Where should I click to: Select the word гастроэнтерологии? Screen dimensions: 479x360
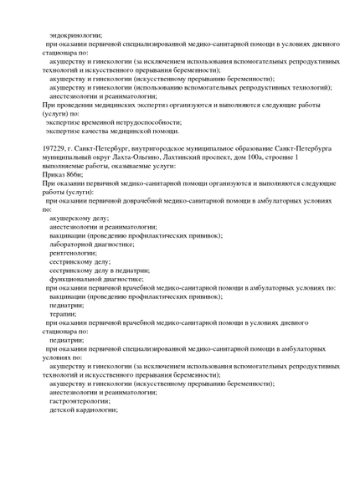tap(81, 401)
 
